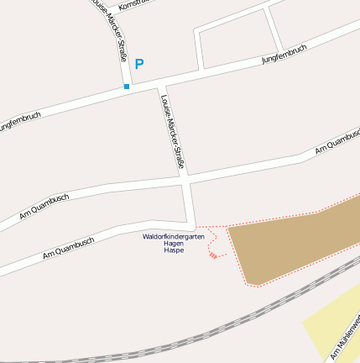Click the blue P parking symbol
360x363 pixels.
coord(139,64)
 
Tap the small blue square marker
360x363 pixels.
coord(127,87)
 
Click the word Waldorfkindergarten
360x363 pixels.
coord(173,237)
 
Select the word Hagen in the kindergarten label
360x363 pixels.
coord(174,244)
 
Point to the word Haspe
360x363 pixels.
coord(174,250)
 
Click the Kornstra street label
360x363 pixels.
coord(134,5)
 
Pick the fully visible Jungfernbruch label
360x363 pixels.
coord(284,54)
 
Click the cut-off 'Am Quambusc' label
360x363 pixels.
coord(337,142)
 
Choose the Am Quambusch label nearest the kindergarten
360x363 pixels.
coord(69,245)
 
